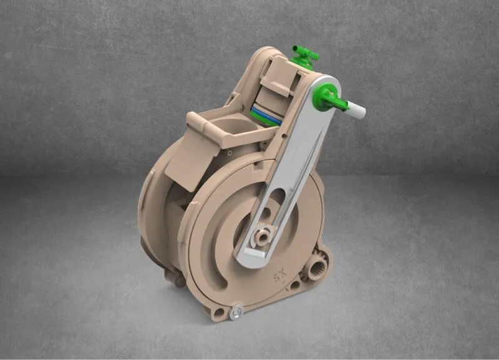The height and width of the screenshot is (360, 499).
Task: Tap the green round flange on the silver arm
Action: point(323,95)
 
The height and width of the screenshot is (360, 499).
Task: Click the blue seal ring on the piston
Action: point(266,116)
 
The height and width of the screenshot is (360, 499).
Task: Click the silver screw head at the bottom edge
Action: point(236,312)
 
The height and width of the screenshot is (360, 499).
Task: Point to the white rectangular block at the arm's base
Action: point(256,253)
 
